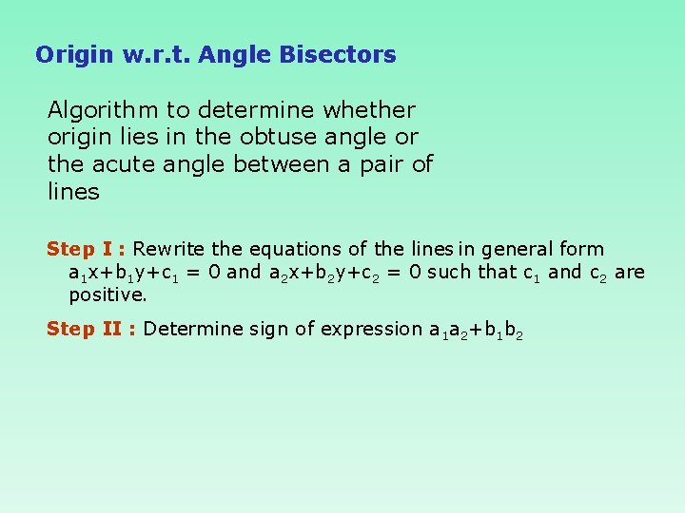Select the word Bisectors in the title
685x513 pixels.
point(338,55)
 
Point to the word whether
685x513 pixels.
point(370,110)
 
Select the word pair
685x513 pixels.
point(380,164)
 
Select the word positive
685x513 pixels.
point(108,294)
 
